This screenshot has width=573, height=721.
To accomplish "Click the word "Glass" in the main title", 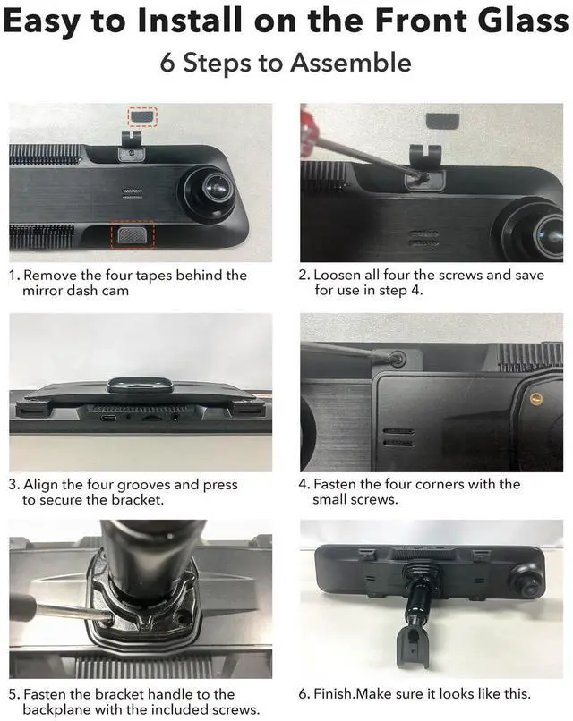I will (x=517, y=21).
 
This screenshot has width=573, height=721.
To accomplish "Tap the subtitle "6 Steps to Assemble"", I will (x=286, y=63).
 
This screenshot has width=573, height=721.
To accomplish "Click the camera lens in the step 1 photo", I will (x=212, y=188).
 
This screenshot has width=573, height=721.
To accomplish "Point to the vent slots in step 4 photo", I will (x=397, y=436).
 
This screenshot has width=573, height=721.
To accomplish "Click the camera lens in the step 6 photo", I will (x=521, y=581).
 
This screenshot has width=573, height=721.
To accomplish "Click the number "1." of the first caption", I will (x=13, y=276).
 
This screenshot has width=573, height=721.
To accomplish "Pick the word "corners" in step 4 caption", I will (x=457, y=484).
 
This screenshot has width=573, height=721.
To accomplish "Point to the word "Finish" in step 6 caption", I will (x=331, y=693).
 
